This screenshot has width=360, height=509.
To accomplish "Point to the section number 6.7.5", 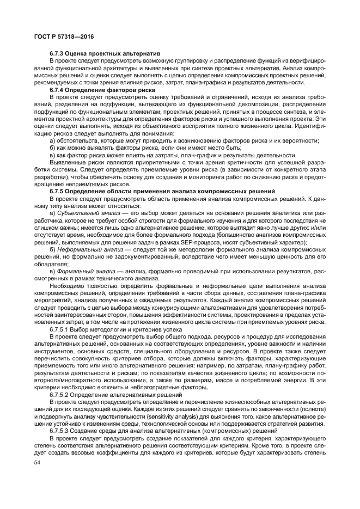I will pos(58,191).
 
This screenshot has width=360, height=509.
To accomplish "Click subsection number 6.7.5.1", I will pos(60,329).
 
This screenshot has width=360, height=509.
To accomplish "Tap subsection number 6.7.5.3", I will pos(60,430).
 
